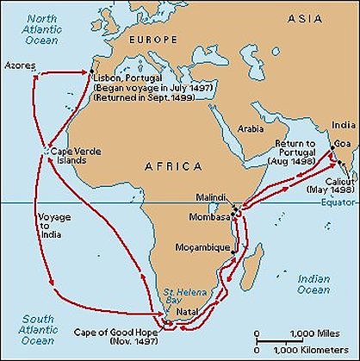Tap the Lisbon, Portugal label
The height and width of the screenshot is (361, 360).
coord(128,77)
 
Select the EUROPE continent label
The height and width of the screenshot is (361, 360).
coord(153,40)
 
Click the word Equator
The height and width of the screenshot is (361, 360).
coord(338,206)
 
